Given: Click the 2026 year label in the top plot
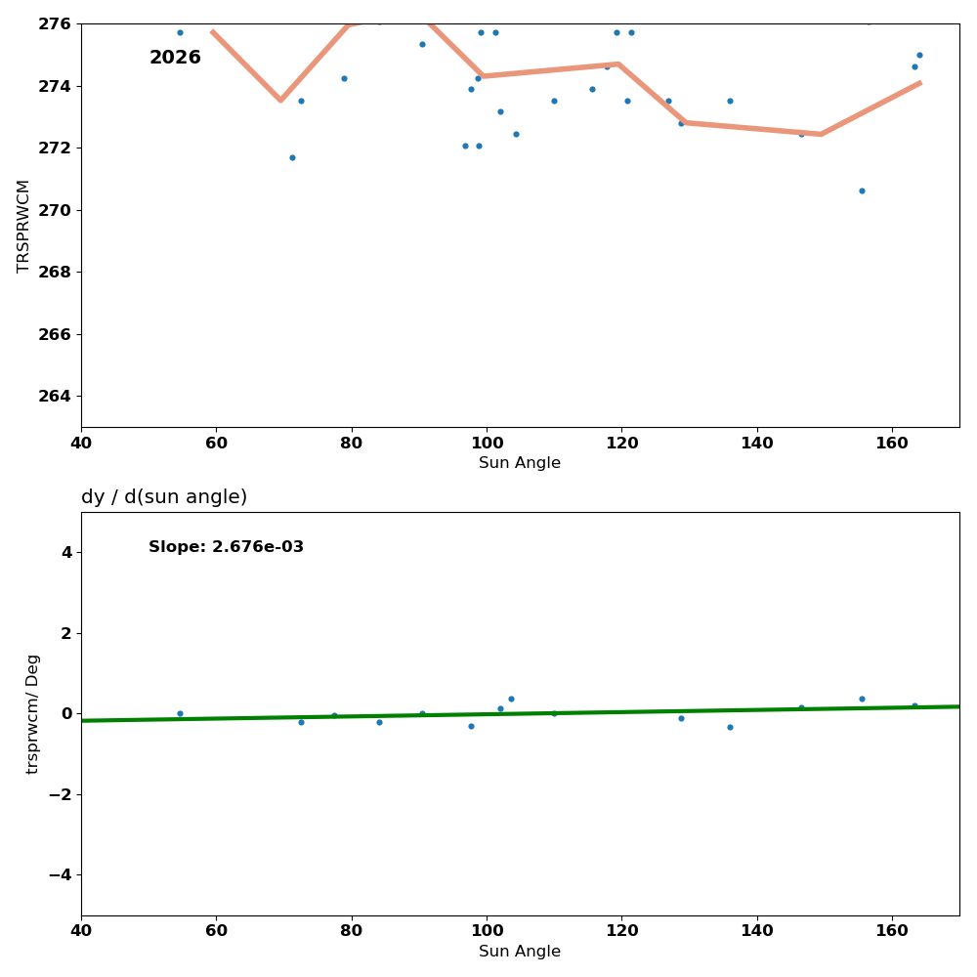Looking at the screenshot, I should click(x=175, y=59).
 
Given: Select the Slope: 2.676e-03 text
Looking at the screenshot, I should click(x=226, y=547).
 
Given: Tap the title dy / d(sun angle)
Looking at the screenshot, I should click(x=164, y=497).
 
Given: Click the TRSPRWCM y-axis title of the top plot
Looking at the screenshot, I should click(x=23, y=226).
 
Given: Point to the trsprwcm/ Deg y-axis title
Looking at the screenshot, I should click(x=33, y=714).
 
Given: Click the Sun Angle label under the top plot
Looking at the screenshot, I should click(x=520, y=463).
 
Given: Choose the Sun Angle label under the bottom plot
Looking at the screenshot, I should click(x=520, y=952).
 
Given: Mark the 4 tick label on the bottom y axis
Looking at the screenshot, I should click(x=66, y=553).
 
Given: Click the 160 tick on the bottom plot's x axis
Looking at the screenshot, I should click(x=892, y=931).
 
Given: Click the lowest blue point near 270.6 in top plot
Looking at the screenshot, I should click(x=862, y=191).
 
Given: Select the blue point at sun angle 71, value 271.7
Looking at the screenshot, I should click(x=292, y=157).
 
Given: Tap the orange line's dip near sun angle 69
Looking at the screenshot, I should click(x=280, y=100).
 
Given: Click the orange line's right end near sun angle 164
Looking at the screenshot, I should click(x=919, y=83).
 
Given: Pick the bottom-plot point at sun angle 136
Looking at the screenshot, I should click(x=730, y=727).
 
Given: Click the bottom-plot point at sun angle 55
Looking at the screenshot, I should click(x=180, y=713).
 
